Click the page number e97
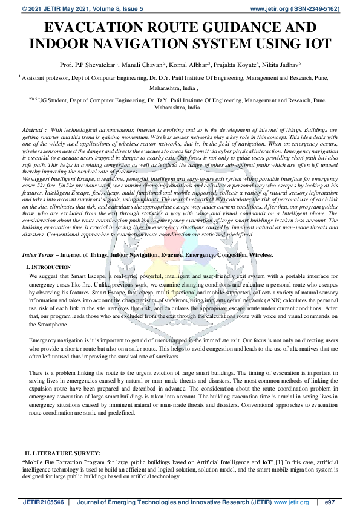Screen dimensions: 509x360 [330, 502]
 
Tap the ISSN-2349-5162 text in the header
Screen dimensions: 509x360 [315, 9]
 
